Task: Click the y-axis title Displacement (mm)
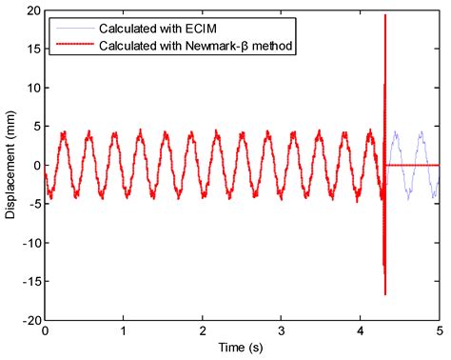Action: pyautogui.click(x=10, y=166)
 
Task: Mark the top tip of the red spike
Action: pyautogui.click(x=384, y=15)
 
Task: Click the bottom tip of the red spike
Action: pyautogui.click(x=384, y=294)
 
